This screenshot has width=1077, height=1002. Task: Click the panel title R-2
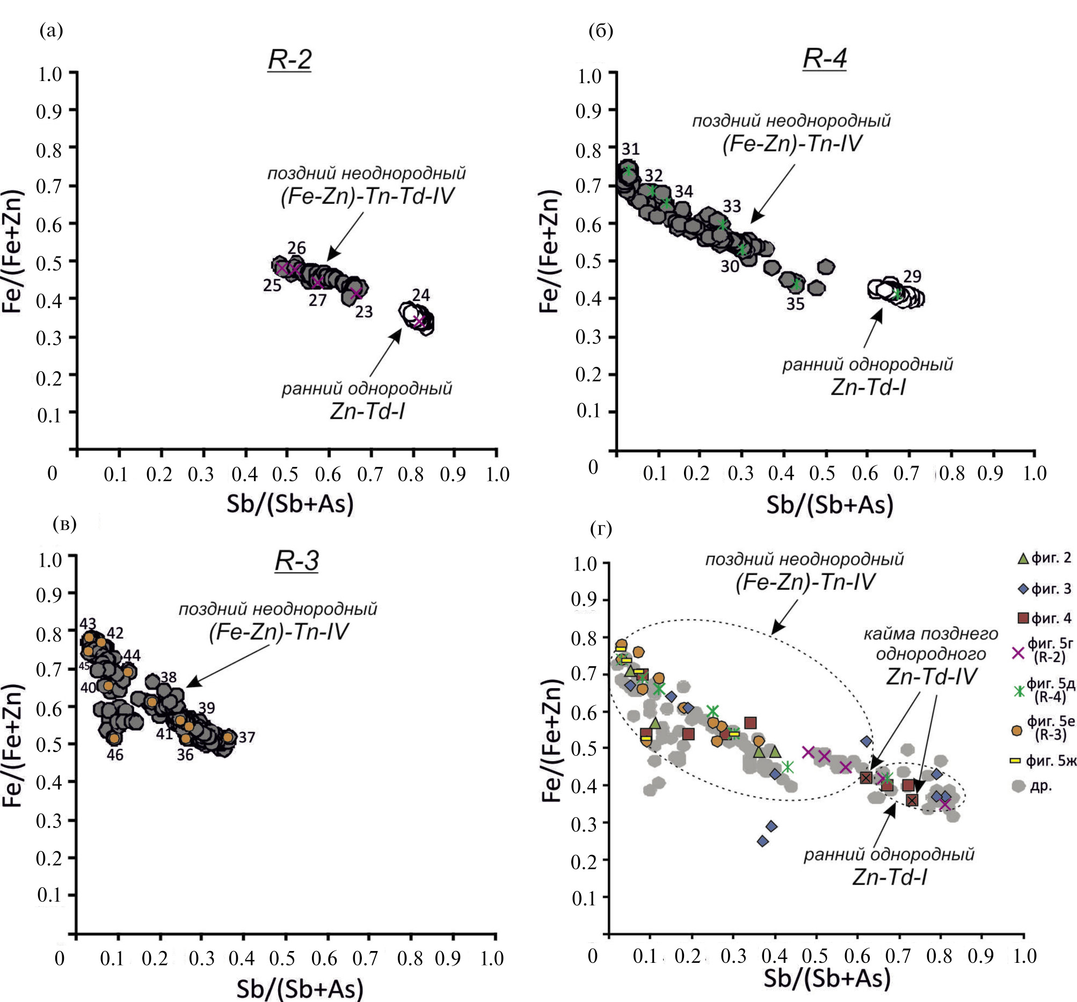pos(290,60)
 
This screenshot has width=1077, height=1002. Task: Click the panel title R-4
pos(825,58)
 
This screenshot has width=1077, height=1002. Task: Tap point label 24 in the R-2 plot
pos(421,295)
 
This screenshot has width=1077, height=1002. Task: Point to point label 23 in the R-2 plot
pos(364,312)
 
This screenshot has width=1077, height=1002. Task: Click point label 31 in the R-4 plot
pos(631,149)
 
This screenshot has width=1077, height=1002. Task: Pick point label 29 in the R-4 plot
pos(912,277)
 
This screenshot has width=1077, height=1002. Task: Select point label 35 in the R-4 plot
pos(795,304)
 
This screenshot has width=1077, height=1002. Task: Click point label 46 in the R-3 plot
pos(115,755)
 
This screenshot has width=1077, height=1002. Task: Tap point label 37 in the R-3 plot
pos(246,737)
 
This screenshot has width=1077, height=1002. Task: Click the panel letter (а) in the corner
pos(52,31)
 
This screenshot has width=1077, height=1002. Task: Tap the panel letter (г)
pos(601,529)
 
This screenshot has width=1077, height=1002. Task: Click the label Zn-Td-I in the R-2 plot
pos(367,412)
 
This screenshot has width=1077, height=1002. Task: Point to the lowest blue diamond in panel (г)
pos(763,841)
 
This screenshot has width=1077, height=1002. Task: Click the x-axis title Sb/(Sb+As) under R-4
pos(829,505)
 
